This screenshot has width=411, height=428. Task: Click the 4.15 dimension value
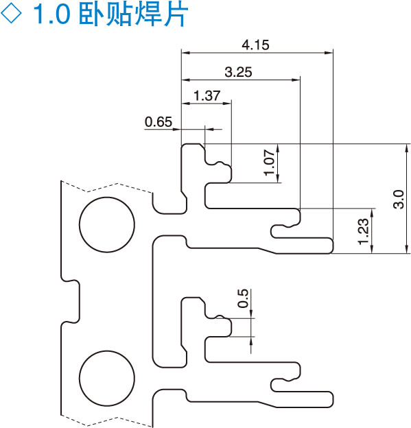(255, 45)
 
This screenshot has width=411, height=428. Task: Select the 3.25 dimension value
(238, 72)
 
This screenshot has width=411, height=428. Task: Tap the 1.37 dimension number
(207, 96)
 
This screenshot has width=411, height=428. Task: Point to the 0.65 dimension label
(158, 121)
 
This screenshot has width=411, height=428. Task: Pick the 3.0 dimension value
(399, 200)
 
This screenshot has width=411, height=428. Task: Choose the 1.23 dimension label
(364, 231)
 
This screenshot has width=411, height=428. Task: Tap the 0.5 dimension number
(243, 298)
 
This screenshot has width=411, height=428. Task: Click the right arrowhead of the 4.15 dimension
(329, 53)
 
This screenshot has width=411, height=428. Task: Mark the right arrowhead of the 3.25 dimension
(296, 80)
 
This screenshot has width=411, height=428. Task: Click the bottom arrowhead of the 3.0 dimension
(406, 250)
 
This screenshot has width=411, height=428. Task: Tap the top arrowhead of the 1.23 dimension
(372, 213)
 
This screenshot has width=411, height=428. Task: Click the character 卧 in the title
(92, 14)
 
